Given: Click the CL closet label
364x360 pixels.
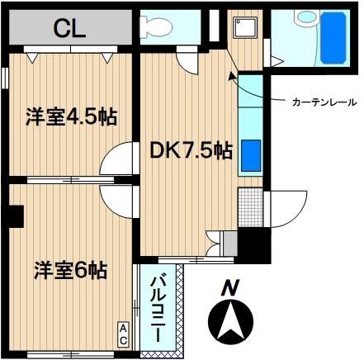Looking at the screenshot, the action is coord(69,28).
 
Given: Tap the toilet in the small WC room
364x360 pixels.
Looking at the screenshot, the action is coord(156,27).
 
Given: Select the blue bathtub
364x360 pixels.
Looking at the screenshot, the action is coord(333,38).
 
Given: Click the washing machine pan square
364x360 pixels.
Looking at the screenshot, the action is coord(245,27).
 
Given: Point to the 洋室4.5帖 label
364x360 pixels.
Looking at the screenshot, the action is coord(72,117).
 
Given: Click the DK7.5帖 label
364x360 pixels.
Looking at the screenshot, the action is coord(191,150).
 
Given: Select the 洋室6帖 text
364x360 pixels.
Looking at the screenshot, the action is coord(70,271).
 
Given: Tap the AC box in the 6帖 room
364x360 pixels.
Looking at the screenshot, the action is coord(124,334).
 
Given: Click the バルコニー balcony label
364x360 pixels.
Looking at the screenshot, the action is coord(158,309).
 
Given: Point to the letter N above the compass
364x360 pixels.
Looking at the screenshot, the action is coord(230,287).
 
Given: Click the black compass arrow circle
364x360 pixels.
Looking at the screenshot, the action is coord(230,320).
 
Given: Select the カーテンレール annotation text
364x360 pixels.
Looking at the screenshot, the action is coord(324,102).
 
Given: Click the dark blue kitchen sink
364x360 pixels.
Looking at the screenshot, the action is coord(251,155).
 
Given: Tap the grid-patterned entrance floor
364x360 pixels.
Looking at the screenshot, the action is coord(250,207).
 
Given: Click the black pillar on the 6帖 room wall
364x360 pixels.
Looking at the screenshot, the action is coord(16,216).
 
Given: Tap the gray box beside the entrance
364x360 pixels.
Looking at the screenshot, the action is coord(230,244).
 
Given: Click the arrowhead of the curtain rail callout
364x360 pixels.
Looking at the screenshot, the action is coord(231,76).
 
